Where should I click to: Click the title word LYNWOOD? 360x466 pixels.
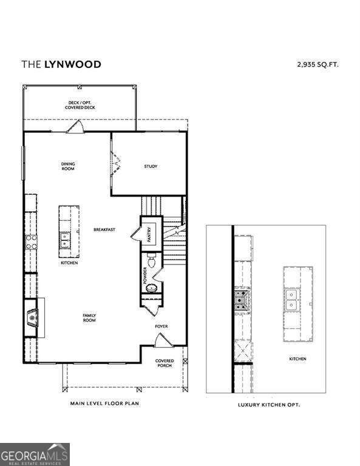point(72,64)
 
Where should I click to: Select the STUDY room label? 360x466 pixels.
point(151,166)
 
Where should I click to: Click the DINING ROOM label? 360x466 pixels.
point(68,166)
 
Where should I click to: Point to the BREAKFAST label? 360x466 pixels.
point(104,229)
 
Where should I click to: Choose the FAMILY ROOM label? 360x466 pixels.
point(89,317)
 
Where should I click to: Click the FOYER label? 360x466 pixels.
point(161,326)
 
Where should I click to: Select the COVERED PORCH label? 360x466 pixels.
point(165,363)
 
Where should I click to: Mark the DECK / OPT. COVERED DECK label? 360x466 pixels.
point(80,105)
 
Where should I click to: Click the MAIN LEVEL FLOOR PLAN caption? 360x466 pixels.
point(104,402)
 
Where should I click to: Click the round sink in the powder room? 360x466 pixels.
point(152,288)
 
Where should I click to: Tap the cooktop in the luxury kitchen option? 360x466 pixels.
point(242,298)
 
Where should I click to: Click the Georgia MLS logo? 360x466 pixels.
point(35,454)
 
